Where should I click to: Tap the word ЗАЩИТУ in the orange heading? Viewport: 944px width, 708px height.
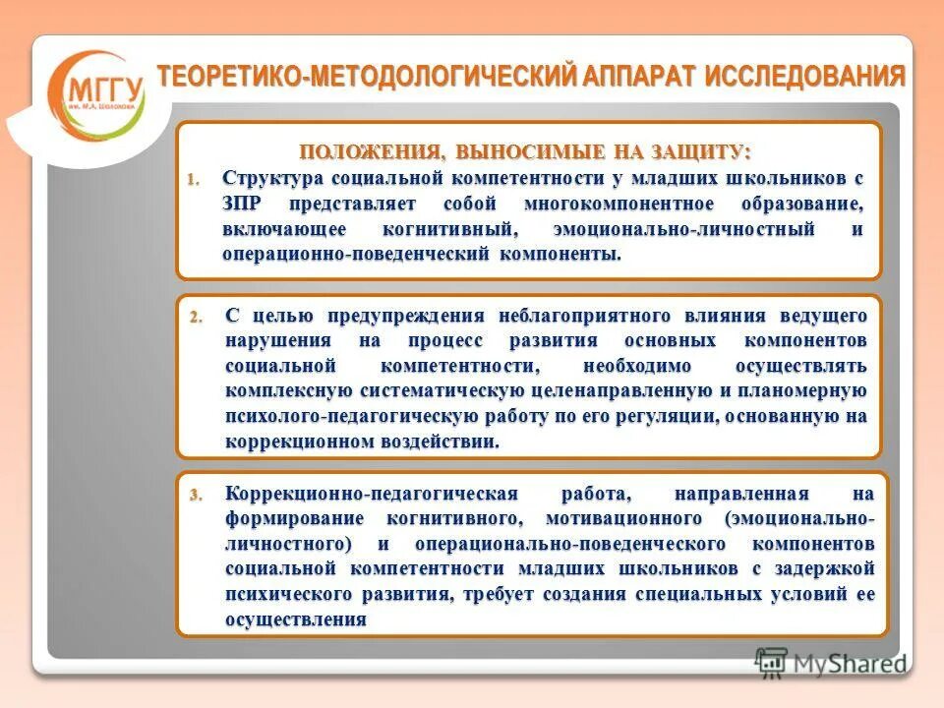pos(701,152)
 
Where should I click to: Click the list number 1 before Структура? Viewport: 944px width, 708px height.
pos(194,180)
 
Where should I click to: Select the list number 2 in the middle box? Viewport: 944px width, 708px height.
pos(195,317)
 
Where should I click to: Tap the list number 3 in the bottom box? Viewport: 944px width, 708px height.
pos(195,494)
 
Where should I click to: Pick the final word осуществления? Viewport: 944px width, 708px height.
pos(296,620)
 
